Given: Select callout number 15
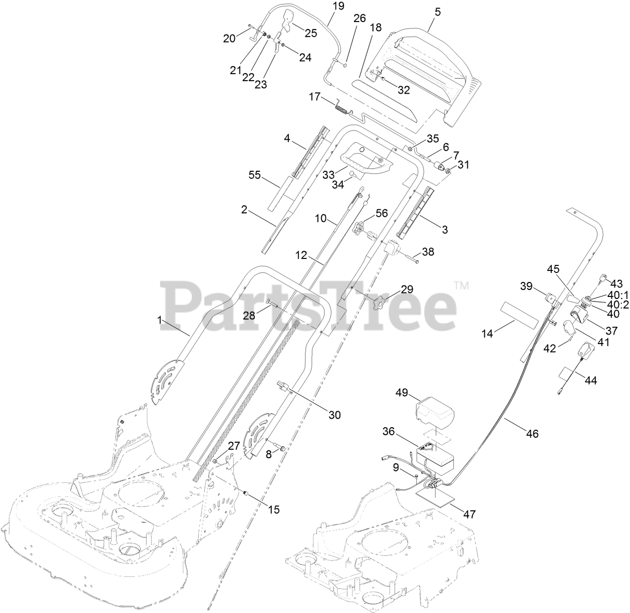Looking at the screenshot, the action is pos(273,509).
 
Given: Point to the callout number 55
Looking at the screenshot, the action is pos(255,175).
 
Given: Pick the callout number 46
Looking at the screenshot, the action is pos(532,434).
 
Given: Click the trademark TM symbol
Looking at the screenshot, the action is pos(461,286).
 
